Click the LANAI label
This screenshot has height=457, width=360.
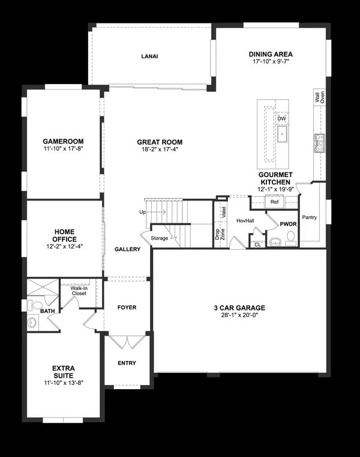click(x=149, y=56)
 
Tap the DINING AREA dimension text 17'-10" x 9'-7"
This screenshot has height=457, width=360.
click(x=271, y=61)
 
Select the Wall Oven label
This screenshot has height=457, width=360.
click(x=320, y=97)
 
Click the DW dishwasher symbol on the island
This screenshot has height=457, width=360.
click(x=281, y=118)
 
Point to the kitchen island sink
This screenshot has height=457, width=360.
click(x=282, y=134)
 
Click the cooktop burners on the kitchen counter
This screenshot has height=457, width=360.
click(x=319, y=143)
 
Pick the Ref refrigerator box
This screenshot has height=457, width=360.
click(x=274, y=202)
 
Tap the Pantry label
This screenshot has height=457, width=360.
click(x=310, y=217)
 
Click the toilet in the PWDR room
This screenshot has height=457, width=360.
click(x=290, y=238)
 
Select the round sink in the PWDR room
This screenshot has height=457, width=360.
click(x=275, y=242)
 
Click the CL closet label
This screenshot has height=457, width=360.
click(x=258, y=244)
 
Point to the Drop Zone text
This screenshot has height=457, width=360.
click(x=220, y=234)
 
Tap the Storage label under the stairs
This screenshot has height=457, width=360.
click(x=160, y=238)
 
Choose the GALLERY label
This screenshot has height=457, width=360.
click(x=127, y=249)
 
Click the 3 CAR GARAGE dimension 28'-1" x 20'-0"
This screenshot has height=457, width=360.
click(x=240, y=315)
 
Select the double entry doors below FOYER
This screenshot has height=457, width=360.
click(x=127, y=342)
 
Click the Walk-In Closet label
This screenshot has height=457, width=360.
click(x=79, y=291)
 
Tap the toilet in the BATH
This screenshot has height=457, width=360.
click(x=35, y=305)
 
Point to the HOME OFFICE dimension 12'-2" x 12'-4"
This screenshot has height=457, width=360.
click(x=64, y=247)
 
